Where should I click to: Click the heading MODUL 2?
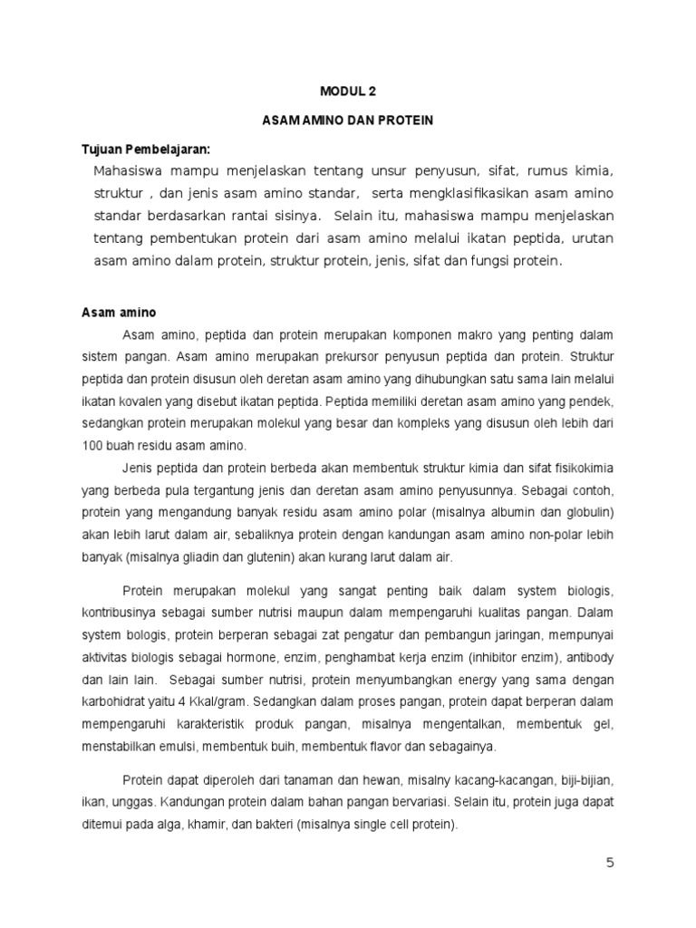coord(347,91)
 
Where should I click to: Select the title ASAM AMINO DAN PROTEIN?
coord(347,120)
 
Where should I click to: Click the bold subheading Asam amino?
coord(119,313)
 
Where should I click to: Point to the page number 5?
coord(611,863)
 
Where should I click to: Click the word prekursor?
coord(318,357)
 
